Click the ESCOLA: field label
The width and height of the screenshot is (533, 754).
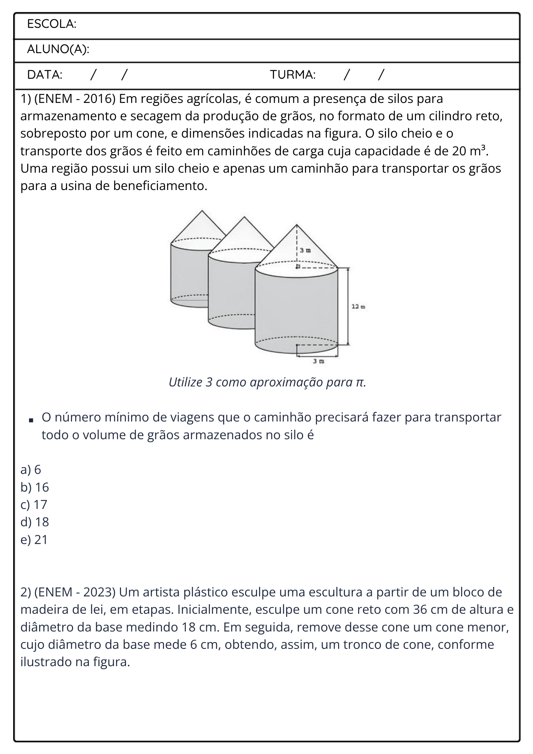click(x=52, y=24)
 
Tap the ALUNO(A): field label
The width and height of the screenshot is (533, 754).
click(x=58, y=49)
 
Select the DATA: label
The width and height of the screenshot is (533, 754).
click(x=45, y=75)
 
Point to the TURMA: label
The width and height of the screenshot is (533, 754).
click(x=293, y=75)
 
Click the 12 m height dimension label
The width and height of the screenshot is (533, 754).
click(x=358, y=307)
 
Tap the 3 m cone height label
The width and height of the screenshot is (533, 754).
click(x=305, y=250)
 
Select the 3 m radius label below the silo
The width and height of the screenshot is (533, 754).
click(x=319, y=361)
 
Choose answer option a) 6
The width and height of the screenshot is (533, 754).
click(x=31, y=470)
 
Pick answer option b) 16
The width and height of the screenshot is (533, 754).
click(x=35, y=487)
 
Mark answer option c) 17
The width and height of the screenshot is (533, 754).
click(x=34, y=504)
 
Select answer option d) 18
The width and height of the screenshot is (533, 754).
click(x=35, y=522)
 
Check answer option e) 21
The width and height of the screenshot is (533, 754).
click(x=34, y=539)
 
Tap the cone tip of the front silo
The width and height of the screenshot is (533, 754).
click(x=297, y=225)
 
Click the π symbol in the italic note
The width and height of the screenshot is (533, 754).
click(x=360, y=383)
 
